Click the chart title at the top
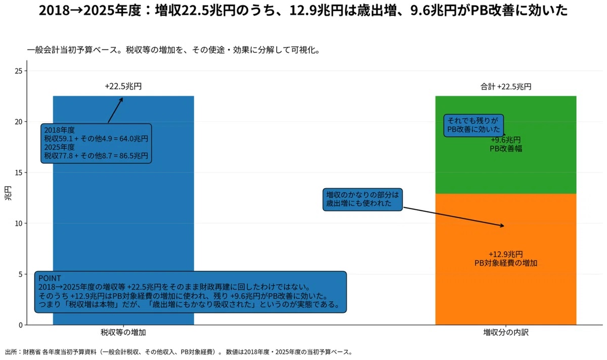pos(303,11)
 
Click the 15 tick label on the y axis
pos(18,172)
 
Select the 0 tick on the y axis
pos(21,325)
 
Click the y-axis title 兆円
pos(8,193)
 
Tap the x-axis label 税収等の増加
pos(123,332)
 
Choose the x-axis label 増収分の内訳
pos(506,332)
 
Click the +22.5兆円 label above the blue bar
pos(123,86)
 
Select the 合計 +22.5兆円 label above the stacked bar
pos(506,86)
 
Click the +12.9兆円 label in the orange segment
pos(506,254)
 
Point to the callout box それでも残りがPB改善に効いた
pos(473,125)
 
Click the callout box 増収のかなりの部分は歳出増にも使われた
pos(363,200)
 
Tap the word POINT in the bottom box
pos(50,278)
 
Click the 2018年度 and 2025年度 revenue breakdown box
pos(96,143)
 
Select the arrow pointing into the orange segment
pos(454,217)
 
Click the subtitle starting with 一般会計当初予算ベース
pos(174,50)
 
